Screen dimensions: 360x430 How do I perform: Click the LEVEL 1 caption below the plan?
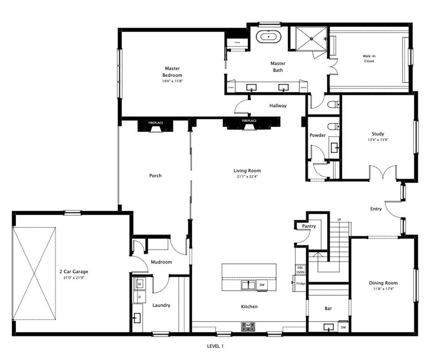(x=215, y=346)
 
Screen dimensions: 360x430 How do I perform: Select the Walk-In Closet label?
(x=369, y=59)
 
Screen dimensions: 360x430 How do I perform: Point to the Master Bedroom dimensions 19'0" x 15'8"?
(x=172, y=81)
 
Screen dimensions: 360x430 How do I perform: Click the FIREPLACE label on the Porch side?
(x=156, y=122)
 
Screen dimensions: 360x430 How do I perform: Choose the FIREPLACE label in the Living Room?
(x=249, y=121)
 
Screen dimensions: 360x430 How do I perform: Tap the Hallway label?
(x=278, y=106)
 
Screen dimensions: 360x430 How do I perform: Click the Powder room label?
(x=317, y=135)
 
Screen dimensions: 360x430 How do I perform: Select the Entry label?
(x=376, y=209)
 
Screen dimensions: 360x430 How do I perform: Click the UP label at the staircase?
(x=339, y=220)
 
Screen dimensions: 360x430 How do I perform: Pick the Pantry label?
(x=309, y=226)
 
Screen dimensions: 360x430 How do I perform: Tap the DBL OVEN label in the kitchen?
(x=300, y=270)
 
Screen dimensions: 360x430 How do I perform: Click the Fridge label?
(x=301, y=283)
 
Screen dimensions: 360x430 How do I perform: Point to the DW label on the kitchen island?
(x=262, y=285)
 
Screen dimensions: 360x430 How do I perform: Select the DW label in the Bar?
(x=343, y=327)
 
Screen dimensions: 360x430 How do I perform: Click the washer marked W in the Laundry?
(x=139, y=284)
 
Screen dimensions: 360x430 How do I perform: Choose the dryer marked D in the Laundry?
(x=139, y=297)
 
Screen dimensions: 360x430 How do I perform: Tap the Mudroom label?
(x=161, y=262)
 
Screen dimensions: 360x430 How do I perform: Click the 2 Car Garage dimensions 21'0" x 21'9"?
(x=73, y=277)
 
